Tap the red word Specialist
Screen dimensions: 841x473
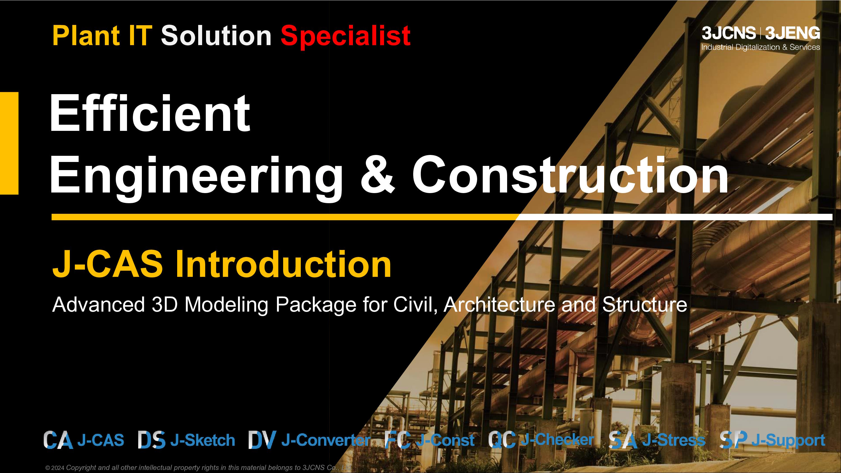click(x=345, y=36)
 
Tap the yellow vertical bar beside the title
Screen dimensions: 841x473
click(x=9, y=143)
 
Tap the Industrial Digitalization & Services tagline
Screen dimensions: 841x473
click(x=761, y=47)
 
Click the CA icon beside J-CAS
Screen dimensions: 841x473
click(x=58, y=440)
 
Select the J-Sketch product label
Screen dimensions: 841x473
click(x=203, y=440)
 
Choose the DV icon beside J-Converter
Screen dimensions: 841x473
click(x=262, y=440)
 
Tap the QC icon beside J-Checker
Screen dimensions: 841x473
click(x=502, y=440)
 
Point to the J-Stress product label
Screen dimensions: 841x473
click(x=674, y=440)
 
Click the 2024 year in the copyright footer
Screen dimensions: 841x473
click(x=58, y=468)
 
